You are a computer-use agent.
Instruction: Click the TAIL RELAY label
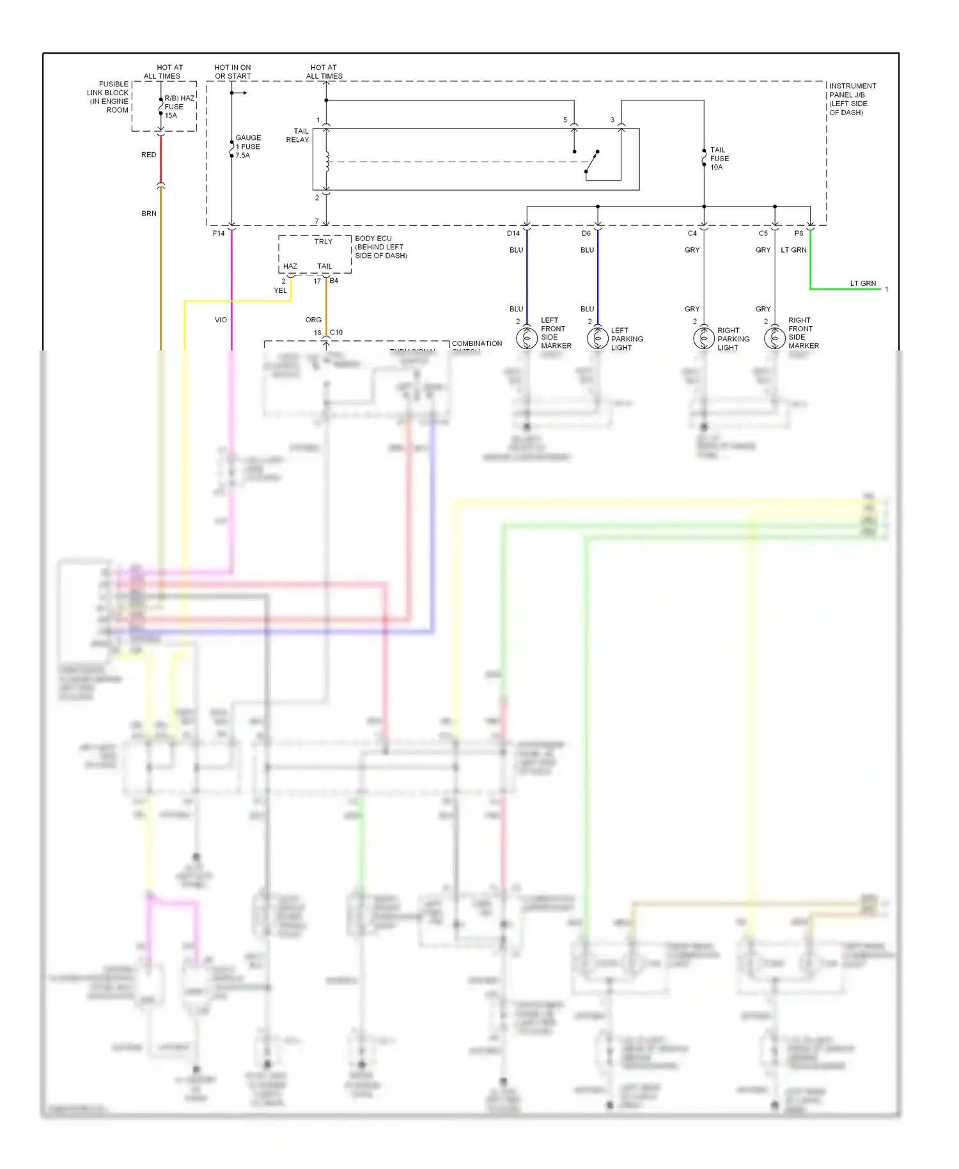[x=297, y=136]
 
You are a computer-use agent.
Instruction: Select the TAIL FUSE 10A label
[x=719, y=159]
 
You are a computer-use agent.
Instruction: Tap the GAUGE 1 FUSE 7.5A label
[x=248, y=146]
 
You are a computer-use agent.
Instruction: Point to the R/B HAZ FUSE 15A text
[x=178, y=107]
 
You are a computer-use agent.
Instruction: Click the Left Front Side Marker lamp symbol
[x=527, y=337]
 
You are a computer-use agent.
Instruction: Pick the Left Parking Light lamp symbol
[x=598, y=337]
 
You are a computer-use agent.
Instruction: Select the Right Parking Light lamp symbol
[x=704, y=337]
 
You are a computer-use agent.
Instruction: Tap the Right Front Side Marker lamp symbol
[x=775, y=337]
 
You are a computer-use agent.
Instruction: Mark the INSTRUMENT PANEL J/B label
[x=852, y=99]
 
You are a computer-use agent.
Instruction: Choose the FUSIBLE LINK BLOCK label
[x=109, y=97]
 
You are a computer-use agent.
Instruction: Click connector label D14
[x=513, y=233]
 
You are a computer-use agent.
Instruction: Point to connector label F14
[x=219, y=233]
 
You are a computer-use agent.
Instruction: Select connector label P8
[x=799, y=233]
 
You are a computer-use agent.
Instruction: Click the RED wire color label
[x=149, y=155]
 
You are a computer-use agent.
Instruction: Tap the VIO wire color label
[x=221, y=320]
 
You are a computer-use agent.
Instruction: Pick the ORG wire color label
[x=313, y=320]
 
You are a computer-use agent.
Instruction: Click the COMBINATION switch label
[x=477, y=344]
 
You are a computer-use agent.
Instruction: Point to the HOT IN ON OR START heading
[x=233, y=72]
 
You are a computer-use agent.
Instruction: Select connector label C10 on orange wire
[x=336, y=333]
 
